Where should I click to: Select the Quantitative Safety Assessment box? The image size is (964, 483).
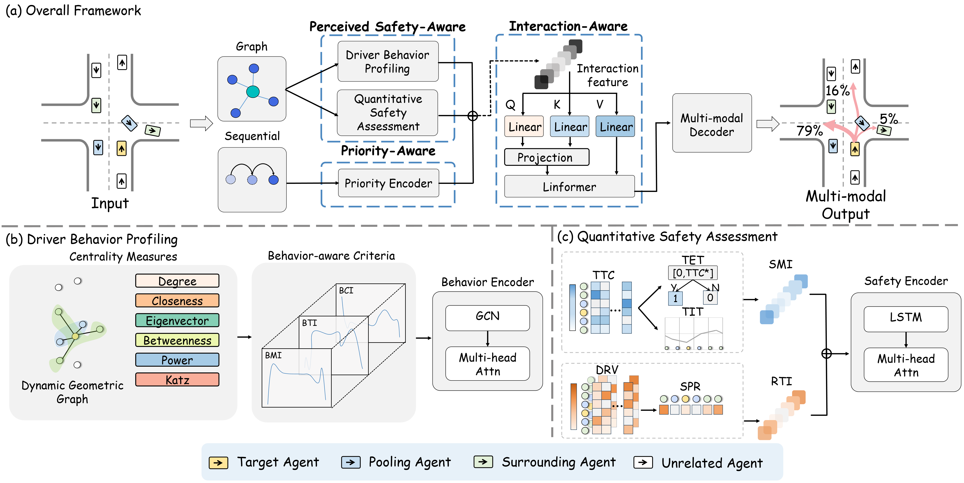(x=388, y=113)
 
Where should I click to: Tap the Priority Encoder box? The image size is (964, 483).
(x=389, y=183)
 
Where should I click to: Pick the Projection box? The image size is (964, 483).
(x=546, y=157)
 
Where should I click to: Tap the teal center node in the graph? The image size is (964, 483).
(x=253, y=91)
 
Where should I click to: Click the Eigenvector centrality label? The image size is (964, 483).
(x=177, y=321)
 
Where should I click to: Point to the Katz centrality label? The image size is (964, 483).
(x=177, y=380)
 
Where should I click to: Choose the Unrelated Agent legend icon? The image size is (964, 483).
(x=643, y=463)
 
